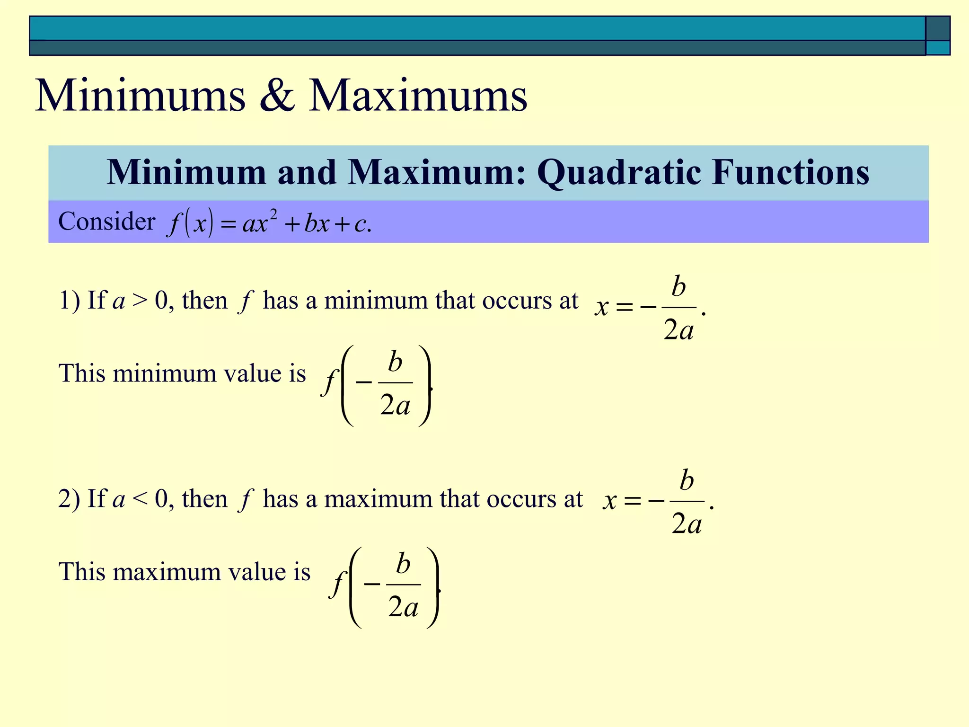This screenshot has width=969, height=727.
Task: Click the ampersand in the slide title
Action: coord(277,96)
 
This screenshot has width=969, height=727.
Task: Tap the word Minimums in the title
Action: coord(141,96)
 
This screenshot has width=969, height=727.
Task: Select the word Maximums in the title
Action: coord(418,96)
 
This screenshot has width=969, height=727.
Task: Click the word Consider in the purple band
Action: coord(106,221)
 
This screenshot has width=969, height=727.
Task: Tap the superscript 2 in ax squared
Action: coord(273,215)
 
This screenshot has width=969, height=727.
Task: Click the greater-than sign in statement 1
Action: coord(140,301)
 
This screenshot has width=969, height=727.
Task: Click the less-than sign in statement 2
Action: coord(140,499)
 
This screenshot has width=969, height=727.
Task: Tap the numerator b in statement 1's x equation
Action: coord(678,287)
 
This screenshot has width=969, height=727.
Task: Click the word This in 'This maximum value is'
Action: coord(81,572)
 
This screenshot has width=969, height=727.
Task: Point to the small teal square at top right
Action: coord(938,48)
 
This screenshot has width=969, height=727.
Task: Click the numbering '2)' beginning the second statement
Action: coord(69,499)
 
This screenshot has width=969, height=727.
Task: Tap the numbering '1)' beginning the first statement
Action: coord(69,301)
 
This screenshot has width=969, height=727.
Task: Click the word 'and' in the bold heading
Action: coord(307,173)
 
